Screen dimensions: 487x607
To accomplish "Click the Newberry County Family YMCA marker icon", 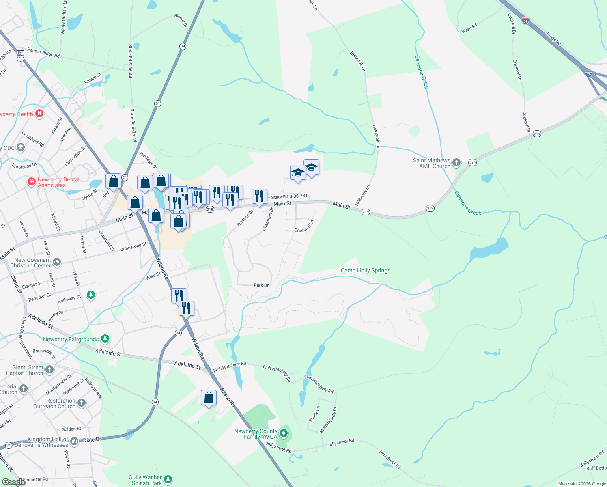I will pyautogui.click(x=284, y=434).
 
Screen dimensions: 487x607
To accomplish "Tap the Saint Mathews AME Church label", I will pyautogui.click(x=432, y=163).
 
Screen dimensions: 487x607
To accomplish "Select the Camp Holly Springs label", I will pyautogui.click(x=365, y=270).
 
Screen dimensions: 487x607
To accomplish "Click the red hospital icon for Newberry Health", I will pyautogui.click(x=39, y=114).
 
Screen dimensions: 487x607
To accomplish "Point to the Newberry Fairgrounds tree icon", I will pyautogui.click(x=105, y=338).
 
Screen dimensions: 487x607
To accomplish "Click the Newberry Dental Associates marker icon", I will pyautogui.click(x=32, y=182).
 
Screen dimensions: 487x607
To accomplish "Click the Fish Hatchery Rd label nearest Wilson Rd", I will pyautogui.click(x=230, y=367).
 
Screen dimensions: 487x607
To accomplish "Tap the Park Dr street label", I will pyautogui.click(x=261, y=285).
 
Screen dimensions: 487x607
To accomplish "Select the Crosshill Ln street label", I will pyautogui.click(x=304, y=226).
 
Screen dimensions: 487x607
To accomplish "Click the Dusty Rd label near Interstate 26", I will pyautogui.click(x=553, y=39).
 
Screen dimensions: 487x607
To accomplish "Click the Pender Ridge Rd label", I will pyautogui.click(x=43, y=52).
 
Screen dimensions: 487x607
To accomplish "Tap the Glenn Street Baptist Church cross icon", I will pyautogui.click(x=50, y=369).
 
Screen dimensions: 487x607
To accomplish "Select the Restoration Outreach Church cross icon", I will pyautogui.click(x=82, y=403).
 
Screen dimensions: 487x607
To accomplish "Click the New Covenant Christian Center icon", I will pyautogui.click(x=57, y=262).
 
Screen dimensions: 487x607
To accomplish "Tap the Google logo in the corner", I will pyautogui.click(x=13, y=482).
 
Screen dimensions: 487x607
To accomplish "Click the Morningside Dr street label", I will pyautogui.click(x=328, y=420).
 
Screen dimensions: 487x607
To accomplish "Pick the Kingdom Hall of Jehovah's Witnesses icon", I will pyautogui.click(x=74, y=441).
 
